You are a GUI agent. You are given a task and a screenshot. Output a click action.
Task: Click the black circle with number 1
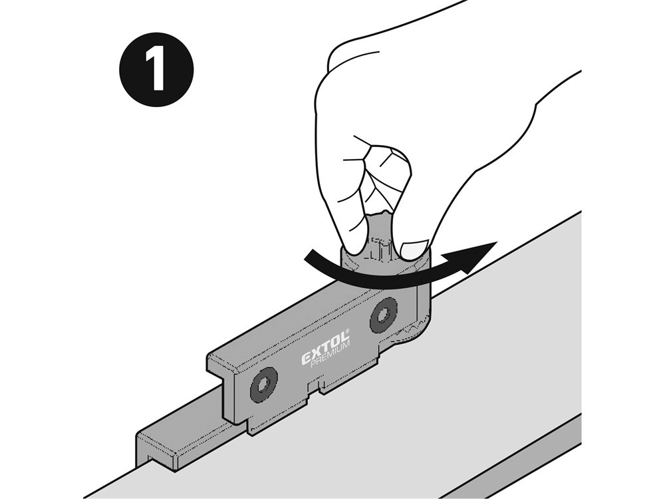(x=157, y=70)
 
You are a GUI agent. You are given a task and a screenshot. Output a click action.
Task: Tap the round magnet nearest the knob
(x=384, y=315)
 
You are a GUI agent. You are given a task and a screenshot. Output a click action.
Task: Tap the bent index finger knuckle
(x=388, y=161)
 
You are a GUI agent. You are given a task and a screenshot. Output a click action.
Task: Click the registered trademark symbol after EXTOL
(x=346, y=331)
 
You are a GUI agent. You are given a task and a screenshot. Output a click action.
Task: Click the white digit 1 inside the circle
(x=156, y=70)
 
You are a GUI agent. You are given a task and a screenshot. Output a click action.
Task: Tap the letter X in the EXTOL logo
(x=315, y=355)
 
